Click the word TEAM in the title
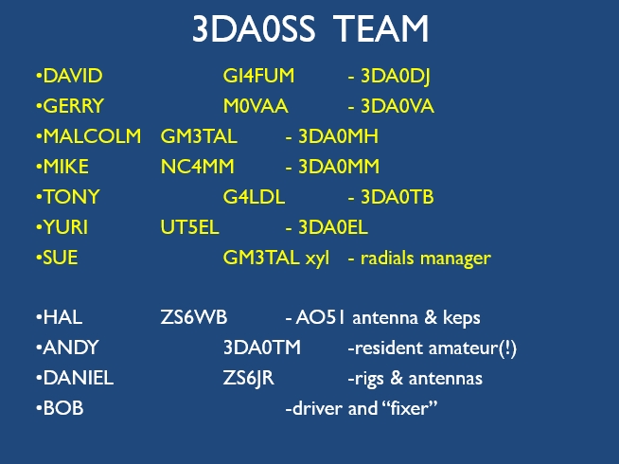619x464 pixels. click(381, 28)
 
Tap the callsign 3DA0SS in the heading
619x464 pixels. click(254, 28)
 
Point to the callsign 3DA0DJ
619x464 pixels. click(397, 77)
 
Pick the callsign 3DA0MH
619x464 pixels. click(337, 137)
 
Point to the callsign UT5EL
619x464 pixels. click(192, 228)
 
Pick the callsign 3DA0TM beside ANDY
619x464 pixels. click(262, 348)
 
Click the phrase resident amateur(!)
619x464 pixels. click(433, 348)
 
